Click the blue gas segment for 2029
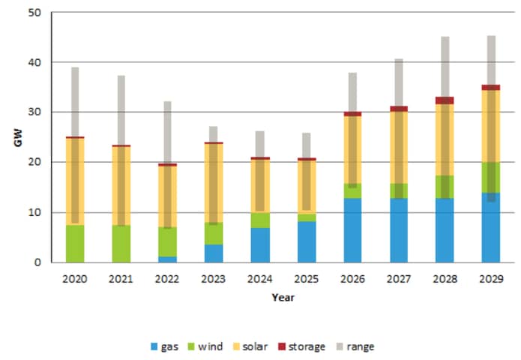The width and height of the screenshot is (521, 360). coord(491,228)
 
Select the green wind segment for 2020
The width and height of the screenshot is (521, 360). coord(75,244)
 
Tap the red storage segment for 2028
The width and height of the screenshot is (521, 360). coord(445,100)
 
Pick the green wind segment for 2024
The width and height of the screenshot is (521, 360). coord(260,220)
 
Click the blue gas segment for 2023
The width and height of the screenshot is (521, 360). coord(214,253)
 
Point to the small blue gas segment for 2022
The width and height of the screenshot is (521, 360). coord(167,259)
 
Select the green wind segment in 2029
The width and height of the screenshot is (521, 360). coord(491,178)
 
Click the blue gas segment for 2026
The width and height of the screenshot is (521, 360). coord(352,230)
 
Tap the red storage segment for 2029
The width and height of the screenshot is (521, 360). coord(491,88)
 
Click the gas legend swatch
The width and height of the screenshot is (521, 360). coord(154,346)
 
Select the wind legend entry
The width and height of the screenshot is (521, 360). coord(205,346)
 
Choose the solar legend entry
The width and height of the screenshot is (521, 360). coord(250,346)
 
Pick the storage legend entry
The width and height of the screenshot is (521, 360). coord(301,346)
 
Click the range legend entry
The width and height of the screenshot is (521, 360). coord(355,346)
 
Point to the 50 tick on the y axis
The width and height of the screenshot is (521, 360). coord(35,13)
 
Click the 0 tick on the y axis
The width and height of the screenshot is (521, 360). coord(37,262)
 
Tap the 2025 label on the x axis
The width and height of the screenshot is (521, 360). coord(306,278)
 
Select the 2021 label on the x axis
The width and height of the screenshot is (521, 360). coord(121,278)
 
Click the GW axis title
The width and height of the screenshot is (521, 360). coord(18,137)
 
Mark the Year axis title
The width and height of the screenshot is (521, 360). coord(283,297)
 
